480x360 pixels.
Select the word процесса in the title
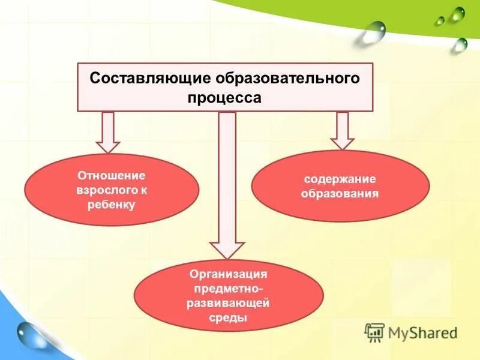click(x=225, y=98)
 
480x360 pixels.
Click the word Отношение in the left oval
click(x=112, y=175)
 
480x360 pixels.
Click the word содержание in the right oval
click(x=340, y=179)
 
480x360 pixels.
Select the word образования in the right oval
click(x=340, y=194)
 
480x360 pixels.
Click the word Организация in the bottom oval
click(x=228, y=274)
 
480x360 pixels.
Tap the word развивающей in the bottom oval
click(x=228, y=304)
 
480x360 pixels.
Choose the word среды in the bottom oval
click(x=228, y=319)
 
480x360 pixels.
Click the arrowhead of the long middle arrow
click(x=227, y=249)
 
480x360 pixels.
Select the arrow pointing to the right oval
click(x=342, y=130)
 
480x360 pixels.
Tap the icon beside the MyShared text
click(x=374, y=332)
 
